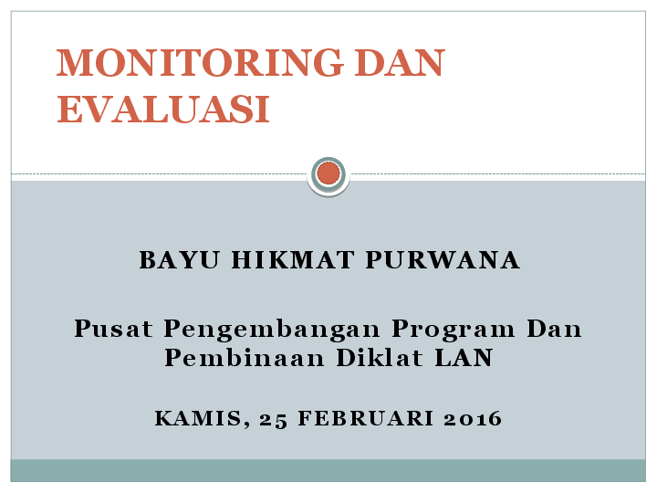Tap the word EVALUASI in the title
(163, 110)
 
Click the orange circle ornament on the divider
(328, 173)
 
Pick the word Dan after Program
(555, 329)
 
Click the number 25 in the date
(273, 420)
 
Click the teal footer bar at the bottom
(328, 470)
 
